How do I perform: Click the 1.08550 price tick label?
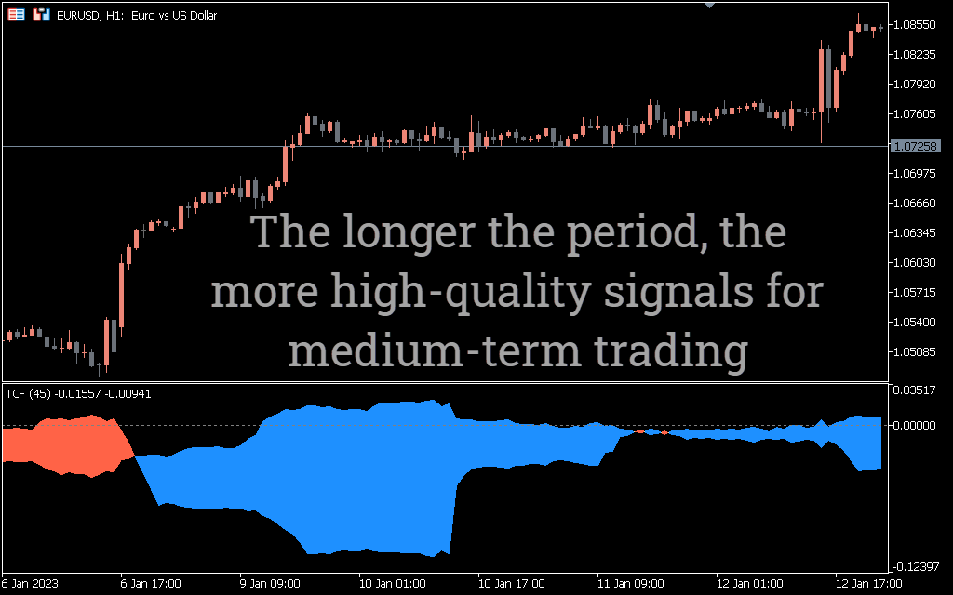[915, 25]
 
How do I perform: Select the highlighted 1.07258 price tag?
[915, 146]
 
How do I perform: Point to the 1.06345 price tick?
[915, 232]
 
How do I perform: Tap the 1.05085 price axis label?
[915, 351]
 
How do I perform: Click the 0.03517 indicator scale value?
[914, 390]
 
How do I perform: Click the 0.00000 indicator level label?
[914, 426]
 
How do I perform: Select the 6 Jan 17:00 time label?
[151, 584]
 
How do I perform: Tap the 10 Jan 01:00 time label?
[392, 584]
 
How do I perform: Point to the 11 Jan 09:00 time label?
[630, 584]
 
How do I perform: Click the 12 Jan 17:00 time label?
[868, 584]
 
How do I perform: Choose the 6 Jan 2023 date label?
[30, 584]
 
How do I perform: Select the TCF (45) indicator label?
[28, 394]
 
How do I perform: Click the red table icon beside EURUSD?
[17, 15]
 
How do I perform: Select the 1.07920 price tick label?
[915, 84]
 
